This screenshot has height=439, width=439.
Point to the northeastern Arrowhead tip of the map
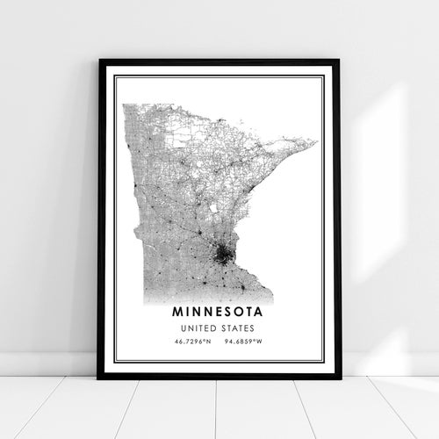coord(315,140)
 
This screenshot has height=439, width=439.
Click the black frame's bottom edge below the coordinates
coord(219,376)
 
